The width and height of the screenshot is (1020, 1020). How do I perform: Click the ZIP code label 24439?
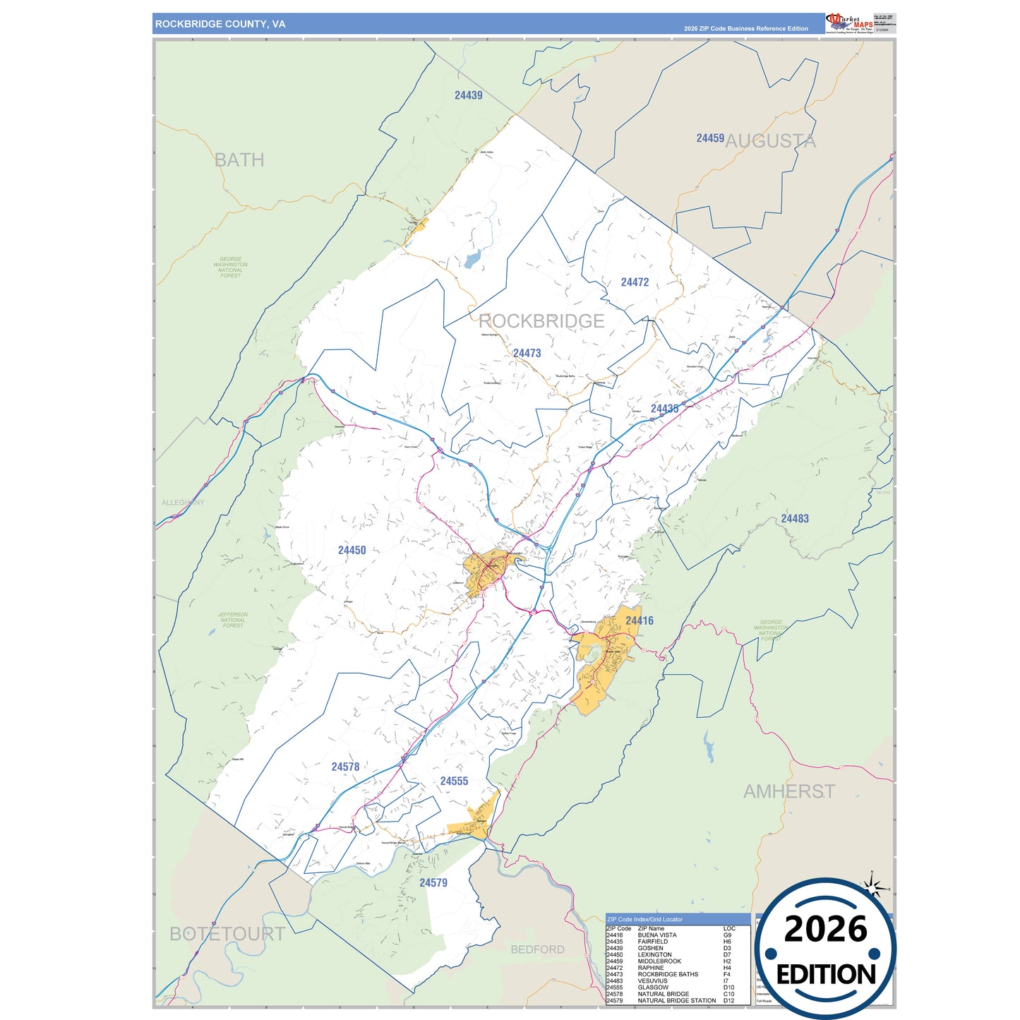[x=468, y=95]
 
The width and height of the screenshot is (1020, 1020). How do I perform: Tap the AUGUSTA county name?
[x=770, y=141]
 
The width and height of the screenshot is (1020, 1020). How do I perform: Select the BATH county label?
[x=239, y=160]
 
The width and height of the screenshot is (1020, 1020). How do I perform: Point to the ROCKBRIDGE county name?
[x=541, y=321]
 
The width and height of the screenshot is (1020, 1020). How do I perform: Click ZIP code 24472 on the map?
[x=635, y=282]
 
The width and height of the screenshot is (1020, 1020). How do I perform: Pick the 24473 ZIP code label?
[x=527, y=353]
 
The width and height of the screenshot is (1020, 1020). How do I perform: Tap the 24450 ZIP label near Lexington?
[x=352, y=550]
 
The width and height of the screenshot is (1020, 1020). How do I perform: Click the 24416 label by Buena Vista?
[x=639, y=620]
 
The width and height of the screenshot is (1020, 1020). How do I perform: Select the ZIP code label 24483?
[x=794, y=519]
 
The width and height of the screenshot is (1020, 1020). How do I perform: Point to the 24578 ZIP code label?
[x=345, y=767]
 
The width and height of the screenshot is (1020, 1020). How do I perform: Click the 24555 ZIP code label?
[x=454, y=781]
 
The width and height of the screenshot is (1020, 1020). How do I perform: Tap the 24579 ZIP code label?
[x=433, y=882]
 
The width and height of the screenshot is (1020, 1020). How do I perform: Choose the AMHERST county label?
[x=788, y=792]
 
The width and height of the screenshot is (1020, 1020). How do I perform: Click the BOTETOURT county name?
[x=227, y=934]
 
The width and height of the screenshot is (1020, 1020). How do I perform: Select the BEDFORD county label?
[x=537, y=949]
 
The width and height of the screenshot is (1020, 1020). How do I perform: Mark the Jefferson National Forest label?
[x=233, y=620]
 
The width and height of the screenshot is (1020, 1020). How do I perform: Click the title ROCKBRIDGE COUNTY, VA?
[x=220, y=24]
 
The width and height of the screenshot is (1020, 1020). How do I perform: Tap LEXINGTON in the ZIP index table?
[x=654, y=954]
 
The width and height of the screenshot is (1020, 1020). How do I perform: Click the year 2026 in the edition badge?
[x=825, y=930]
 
